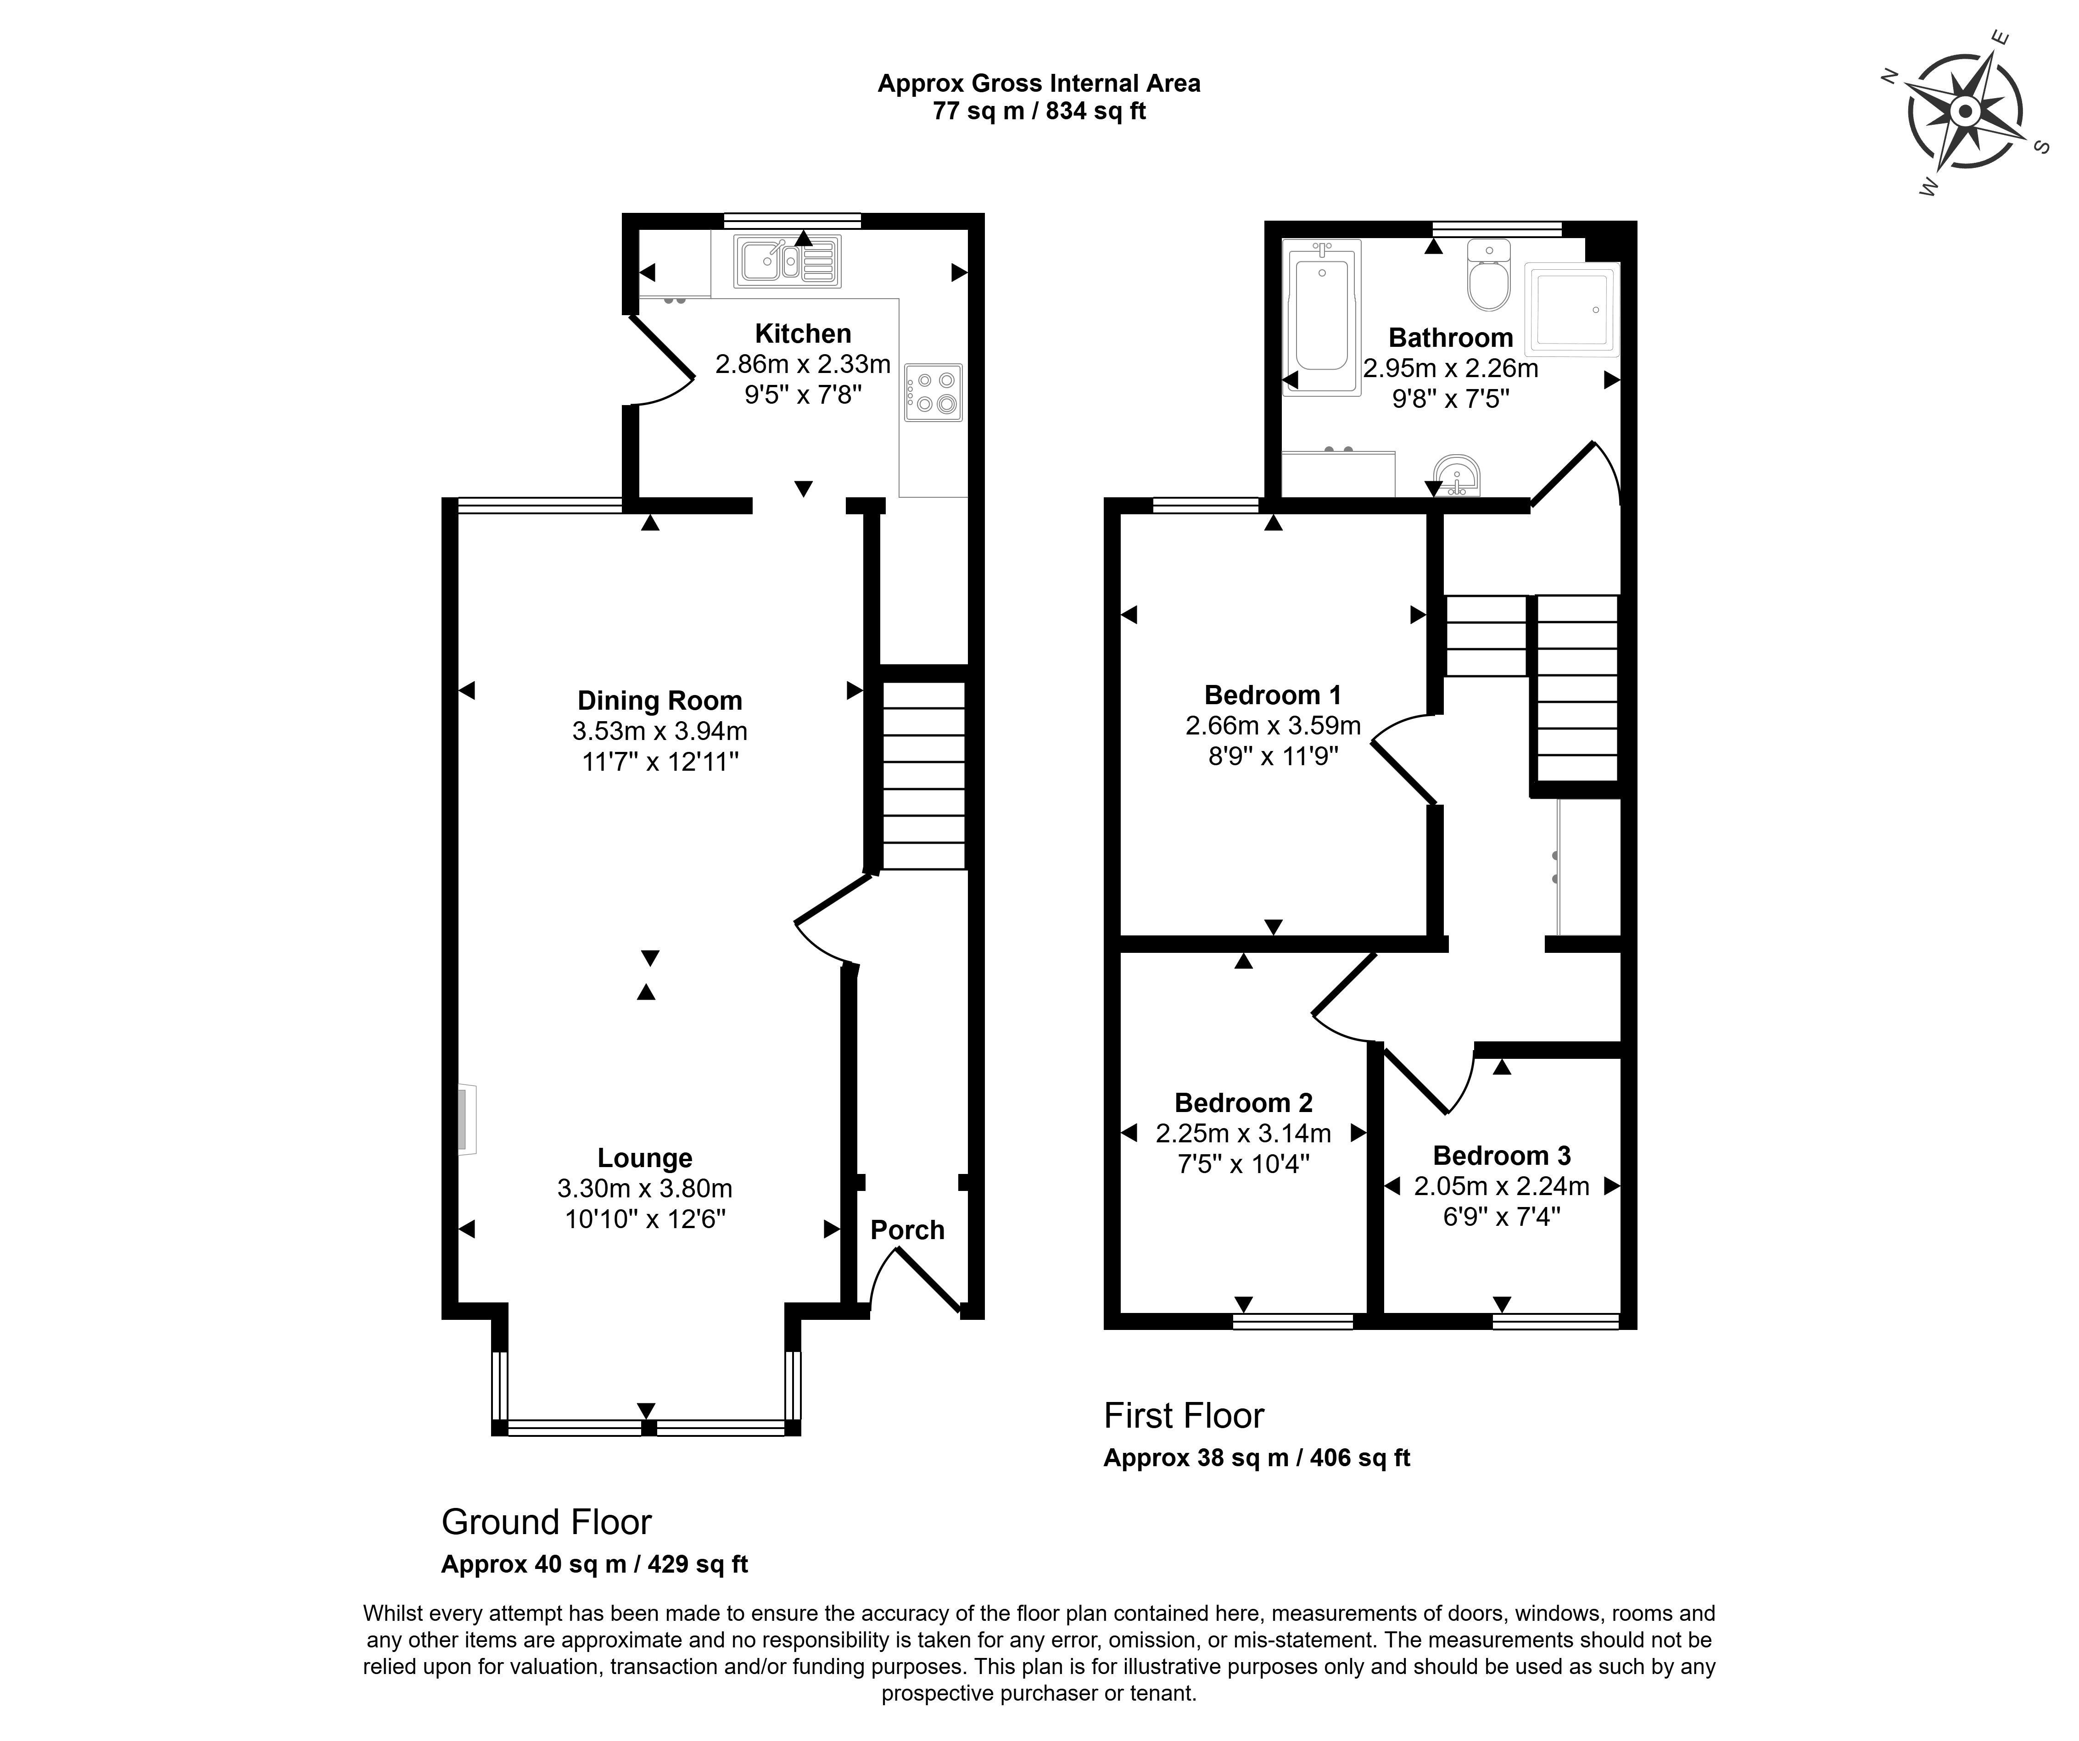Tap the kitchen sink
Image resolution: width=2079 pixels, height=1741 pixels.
[787, 260]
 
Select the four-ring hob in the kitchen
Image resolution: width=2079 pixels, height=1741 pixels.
[933, 392]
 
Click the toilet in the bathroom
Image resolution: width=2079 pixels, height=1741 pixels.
[1489, 274]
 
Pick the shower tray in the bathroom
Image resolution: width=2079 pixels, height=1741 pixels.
[1571, 309]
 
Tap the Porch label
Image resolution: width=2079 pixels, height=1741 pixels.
[907, 1230]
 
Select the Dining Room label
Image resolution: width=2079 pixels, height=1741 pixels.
[659, 701]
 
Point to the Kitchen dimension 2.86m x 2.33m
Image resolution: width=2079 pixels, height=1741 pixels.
[803, 364]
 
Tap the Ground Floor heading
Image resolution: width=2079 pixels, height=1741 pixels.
[547, 1521]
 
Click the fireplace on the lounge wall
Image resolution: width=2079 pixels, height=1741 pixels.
[466, 1119]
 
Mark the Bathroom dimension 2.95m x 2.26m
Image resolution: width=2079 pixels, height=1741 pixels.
[1450, 369]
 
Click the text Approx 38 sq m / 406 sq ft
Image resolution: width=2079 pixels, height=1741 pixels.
[1256, 1458]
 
